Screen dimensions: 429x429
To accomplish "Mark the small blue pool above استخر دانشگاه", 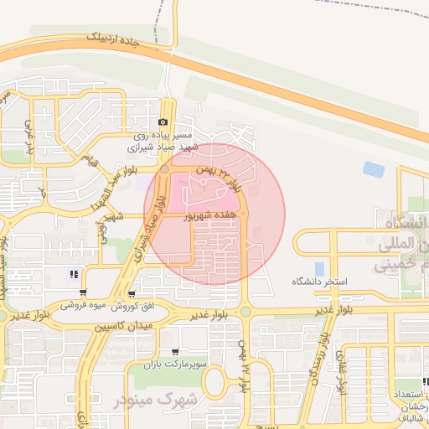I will [x=319, y=269].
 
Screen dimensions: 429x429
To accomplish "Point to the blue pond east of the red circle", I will [x=374, y=169].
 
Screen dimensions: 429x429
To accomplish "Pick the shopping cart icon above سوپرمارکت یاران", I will [x=174, y=353].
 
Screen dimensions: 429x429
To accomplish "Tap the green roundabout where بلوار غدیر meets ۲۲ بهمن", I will [x=245, y=313].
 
